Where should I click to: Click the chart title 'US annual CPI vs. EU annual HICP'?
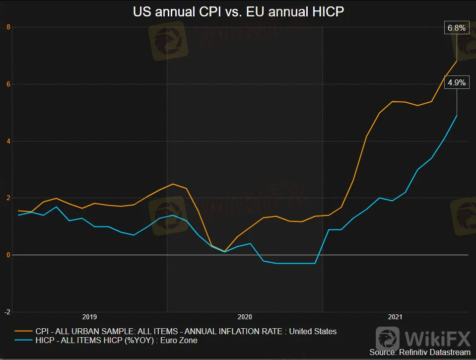click(x=238, y=11)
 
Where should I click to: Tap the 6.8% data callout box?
click(x=456, y=28)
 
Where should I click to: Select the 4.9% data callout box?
click(x=456, y=83)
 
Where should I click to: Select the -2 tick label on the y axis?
click(x=7, y=312)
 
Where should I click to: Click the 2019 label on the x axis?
click(x=90, y=317)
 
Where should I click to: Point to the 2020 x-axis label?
click(x=245, y=317)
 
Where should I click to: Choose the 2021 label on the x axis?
click(x=395, y=317)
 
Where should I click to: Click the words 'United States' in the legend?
click(x=313, y=331)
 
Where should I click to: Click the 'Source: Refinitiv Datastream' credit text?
click(x=419, y=352)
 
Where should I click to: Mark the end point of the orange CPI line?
click(x=457, y=61)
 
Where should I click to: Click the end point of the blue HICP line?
click(x=457, y=115)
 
